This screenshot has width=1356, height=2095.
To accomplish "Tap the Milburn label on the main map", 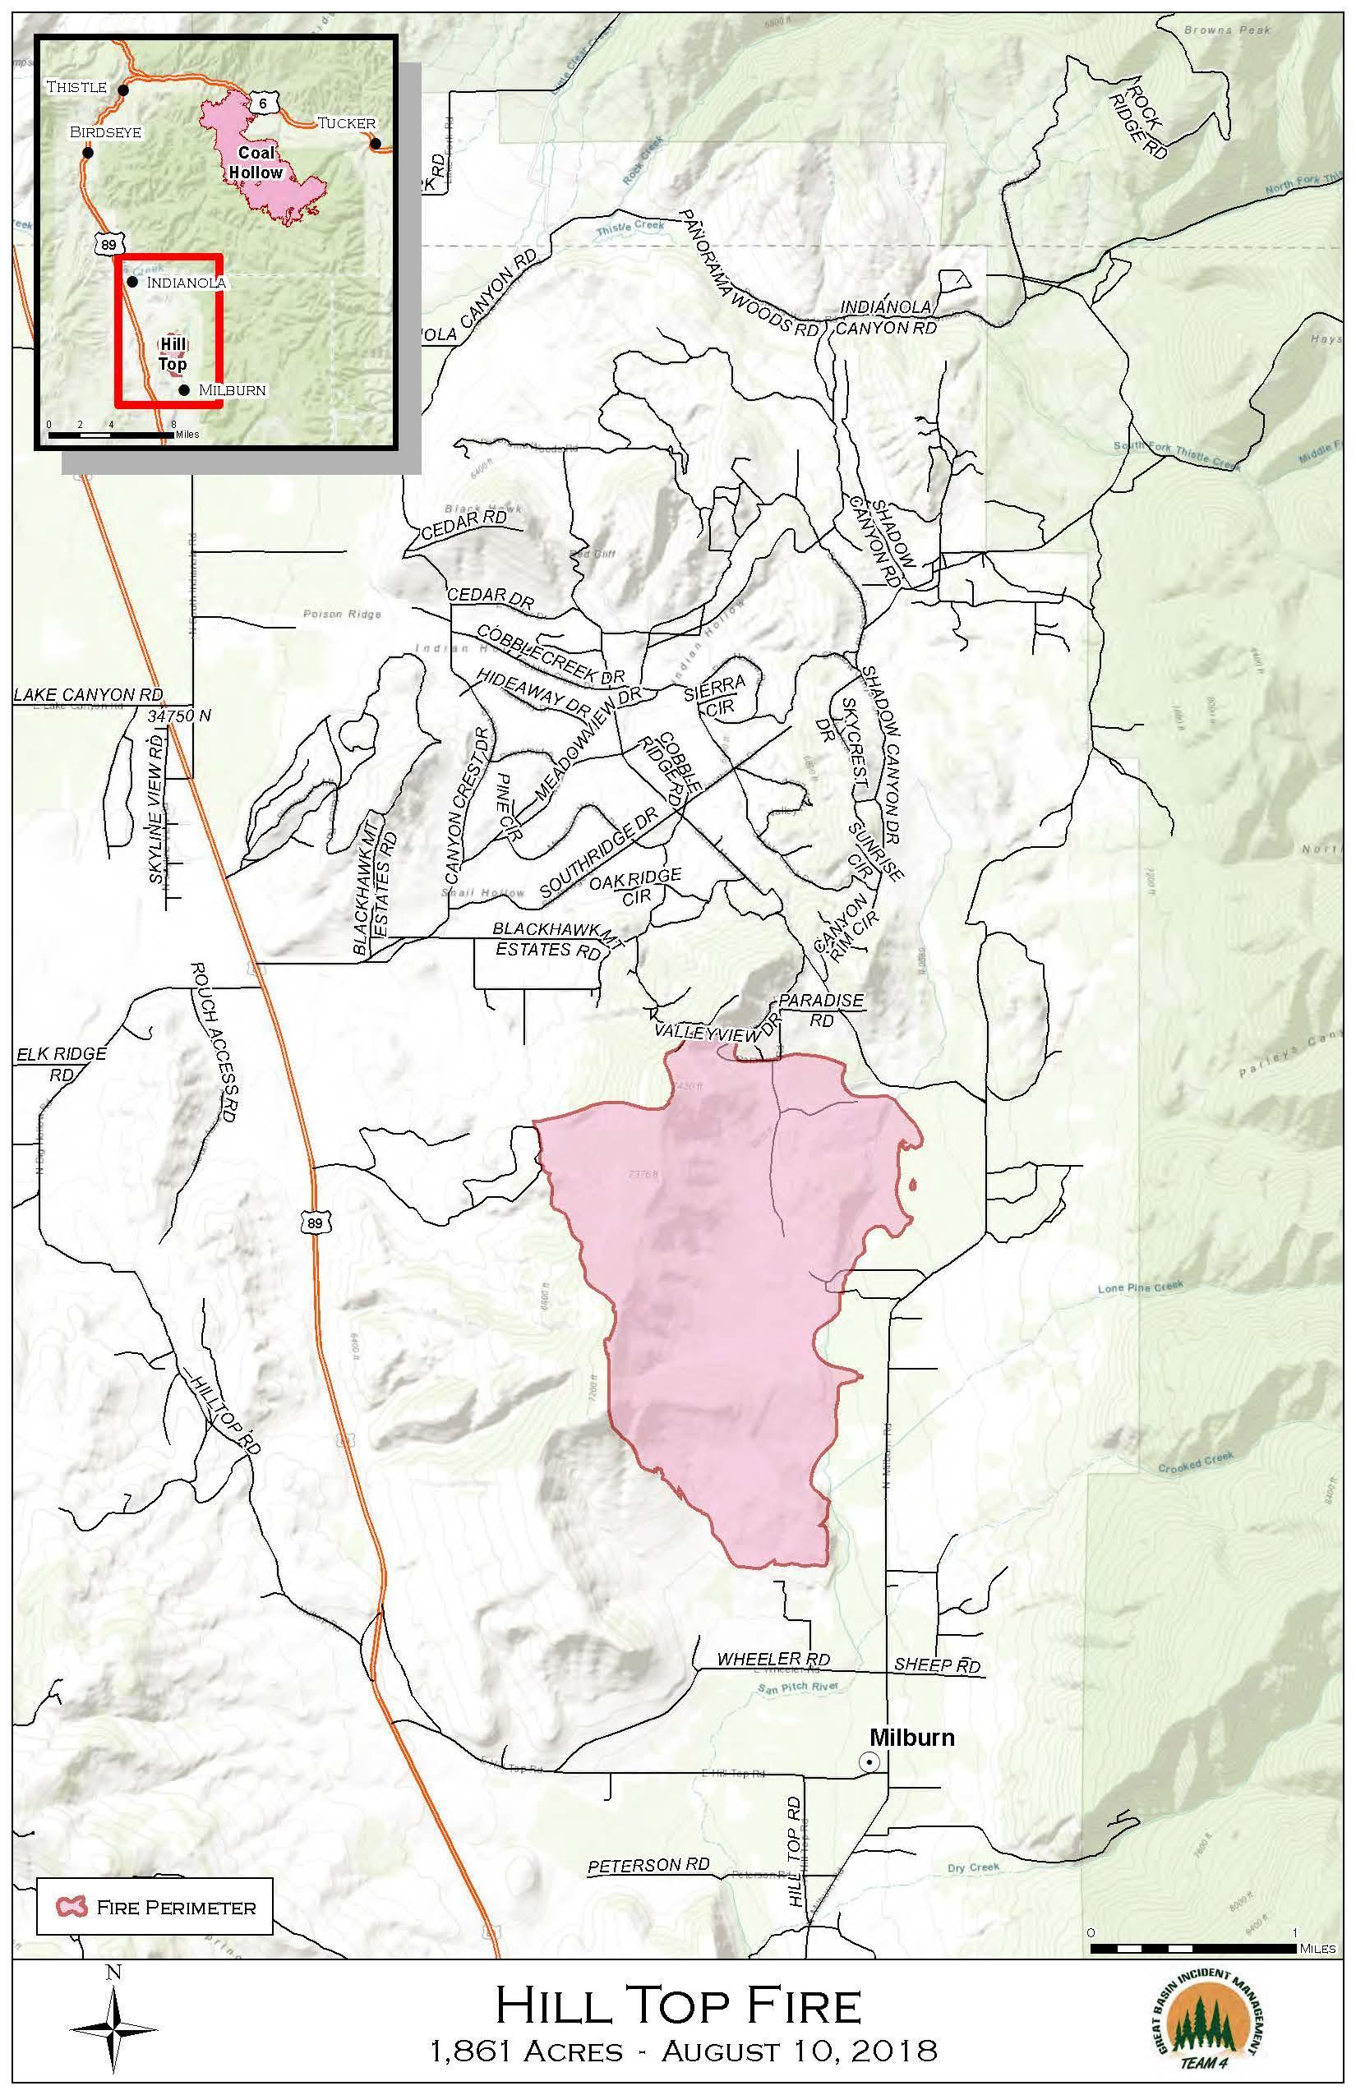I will tap(911, 1737).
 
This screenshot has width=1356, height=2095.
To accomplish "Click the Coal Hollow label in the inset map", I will tap(256, 163).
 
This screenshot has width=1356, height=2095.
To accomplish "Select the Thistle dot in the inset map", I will tap(123, 90).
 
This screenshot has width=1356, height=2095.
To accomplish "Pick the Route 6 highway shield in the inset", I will tap(262, 103).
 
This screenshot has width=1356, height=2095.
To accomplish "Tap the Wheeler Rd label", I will tap(773, 1659).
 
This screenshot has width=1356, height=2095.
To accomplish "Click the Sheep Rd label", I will tap(937, 1664).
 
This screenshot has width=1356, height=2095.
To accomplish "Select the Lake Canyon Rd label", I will tap(89, 694).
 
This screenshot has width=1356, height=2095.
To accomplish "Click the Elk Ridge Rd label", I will tap(61, 1063).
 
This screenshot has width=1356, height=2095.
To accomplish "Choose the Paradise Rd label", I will tap(821, 1011).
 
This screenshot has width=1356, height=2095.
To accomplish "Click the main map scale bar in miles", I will tap(1193, 1948).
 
